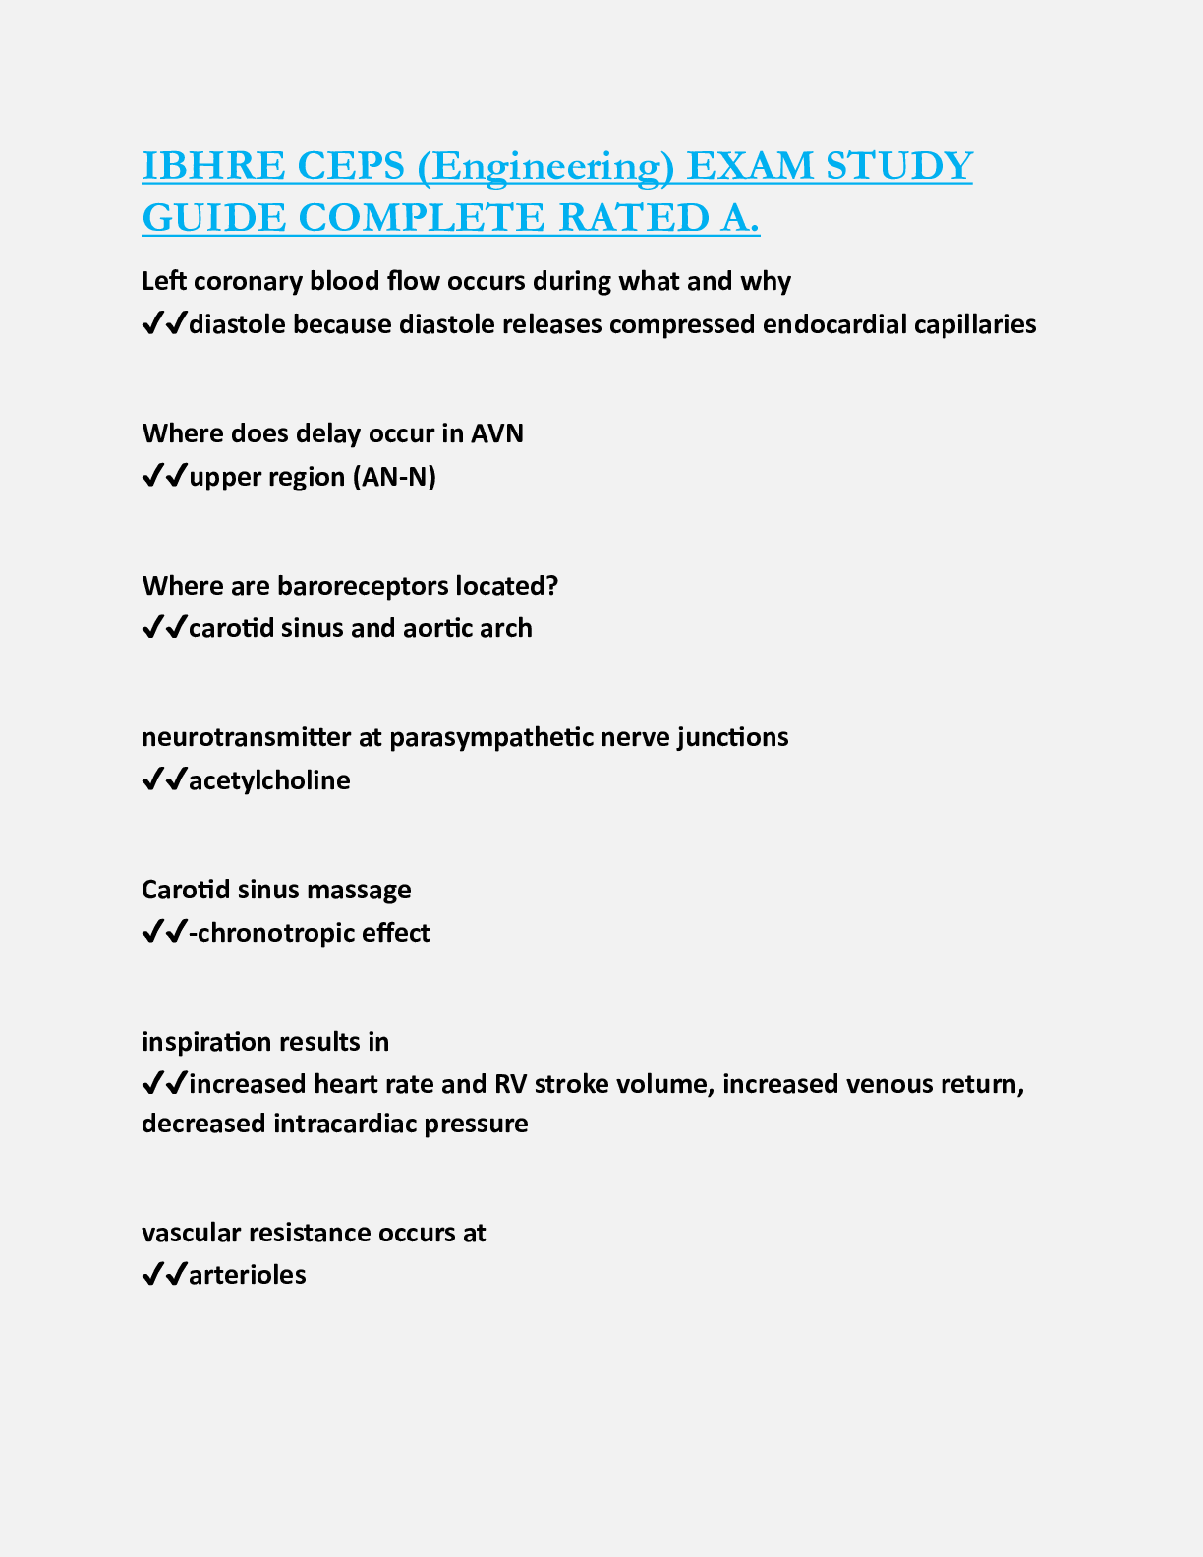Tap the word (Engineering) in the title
coord(545,166)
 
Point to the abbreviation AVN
coord(497,433)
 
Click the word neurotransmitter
coord(246,737)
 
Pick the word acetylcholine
coord(269,780)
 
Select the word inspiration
coord(203,1042)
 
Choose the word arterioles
coord(248,1275)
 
